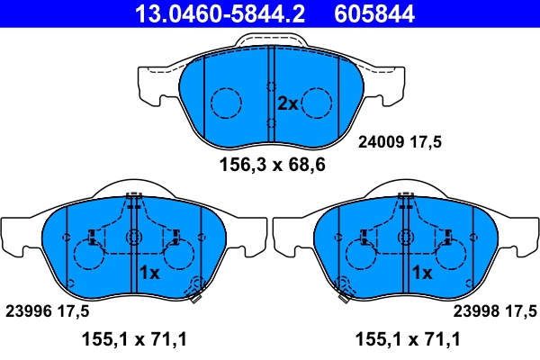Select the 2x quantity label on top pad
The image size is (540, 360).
pos(287,103)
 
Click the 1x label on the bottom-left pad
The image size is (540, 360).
pos(149,273)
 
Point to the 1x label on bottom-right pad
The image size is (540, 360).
pos(421,273)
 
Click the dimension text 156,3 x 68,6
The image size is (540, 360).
pos(272,165)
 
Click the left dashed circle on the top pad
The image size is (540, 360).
pos(226,104)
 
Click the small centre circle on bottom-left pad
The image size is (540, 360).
pos(133,238)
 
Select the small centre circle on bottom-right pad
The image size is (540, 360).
pos(406,238)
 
